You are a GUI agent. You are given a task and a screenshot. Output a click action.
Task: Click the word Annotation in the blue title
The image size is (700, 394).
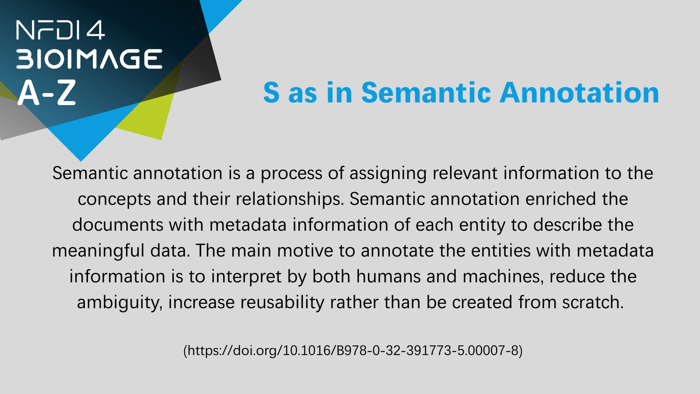coord(579,92)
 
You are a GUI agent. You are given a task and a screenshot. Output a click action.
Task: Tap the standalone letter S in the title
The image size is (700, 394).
coord(271,92)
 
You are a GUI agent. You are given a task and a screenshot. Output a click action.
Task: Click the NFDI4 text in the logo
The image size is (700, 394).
coord(60,30)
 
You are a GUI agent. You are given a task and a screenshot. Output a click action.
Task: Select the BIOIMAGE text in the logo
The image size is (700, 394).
coord(89,59)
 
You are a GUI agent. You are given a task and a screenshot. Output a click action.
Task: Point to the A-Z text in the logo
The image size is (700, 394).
coord(47,92)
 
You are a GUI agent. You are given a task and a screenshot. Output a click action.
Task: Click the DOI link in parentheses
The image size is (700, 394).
coord(353,351)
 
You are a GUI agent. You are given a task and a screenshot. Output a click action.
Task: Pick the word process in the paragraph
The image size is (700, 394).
coord(291,174)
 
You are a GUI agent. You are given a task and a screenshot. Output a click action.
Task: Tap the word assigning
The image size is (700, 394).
coord(388,174)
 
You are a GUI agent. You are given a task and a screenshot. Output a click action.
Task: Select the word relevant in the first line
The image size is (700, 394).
coord(465,173)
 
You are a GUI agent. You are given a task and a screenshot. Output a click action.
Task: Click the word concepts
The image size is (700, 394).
coord(114,200)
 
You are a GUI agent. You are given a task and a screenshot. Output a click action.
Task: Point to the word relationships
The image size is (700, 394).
coord(290,199)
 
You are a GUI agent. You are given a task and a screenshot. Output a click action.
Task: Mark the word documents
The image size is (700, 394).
coord(118,225)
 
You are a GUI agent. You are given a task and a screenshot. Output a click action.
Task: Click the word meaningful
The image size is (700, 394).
coord(98,251)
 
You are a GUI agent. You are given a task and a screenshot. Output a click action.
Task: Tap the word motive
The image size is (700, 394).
coord(305,251)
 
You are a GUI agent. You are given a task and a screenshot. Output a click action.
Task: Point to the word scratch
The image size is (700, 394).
coord(593,303)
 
